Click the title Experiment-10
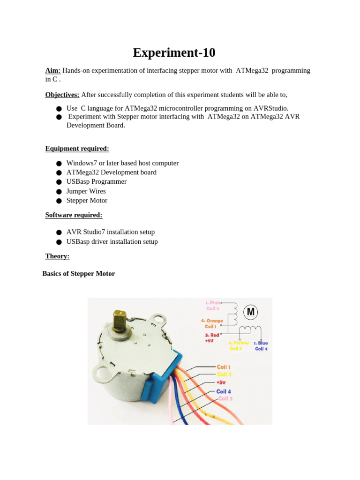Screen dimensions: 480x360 coord(174,52)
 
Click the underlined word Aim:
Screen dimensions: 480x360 coord(53,70)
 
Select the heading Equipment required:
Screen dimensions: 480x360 coord(77,149)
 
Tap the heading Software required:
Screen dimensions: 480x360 coord(74,215)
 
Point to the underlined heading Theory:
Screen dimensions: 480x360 coord(57,256)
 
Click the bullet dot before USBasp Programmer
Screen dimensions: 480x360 coord(59,182)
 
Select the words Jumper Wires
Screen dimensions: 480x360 coord(86,191)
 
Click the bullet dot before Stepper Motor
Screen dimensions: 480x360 coord(59,201)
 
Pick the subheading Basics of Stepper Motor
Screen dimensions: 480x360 coord(79,274)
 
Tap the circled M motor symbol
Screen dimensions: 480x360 coord(250,312)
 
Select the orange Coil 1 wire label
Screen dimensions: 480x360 coord(224,367)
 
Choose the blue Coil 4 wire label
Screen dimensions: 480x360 coord(224,391)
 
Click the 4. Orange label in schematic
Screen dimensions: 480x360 coord(212,321)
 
